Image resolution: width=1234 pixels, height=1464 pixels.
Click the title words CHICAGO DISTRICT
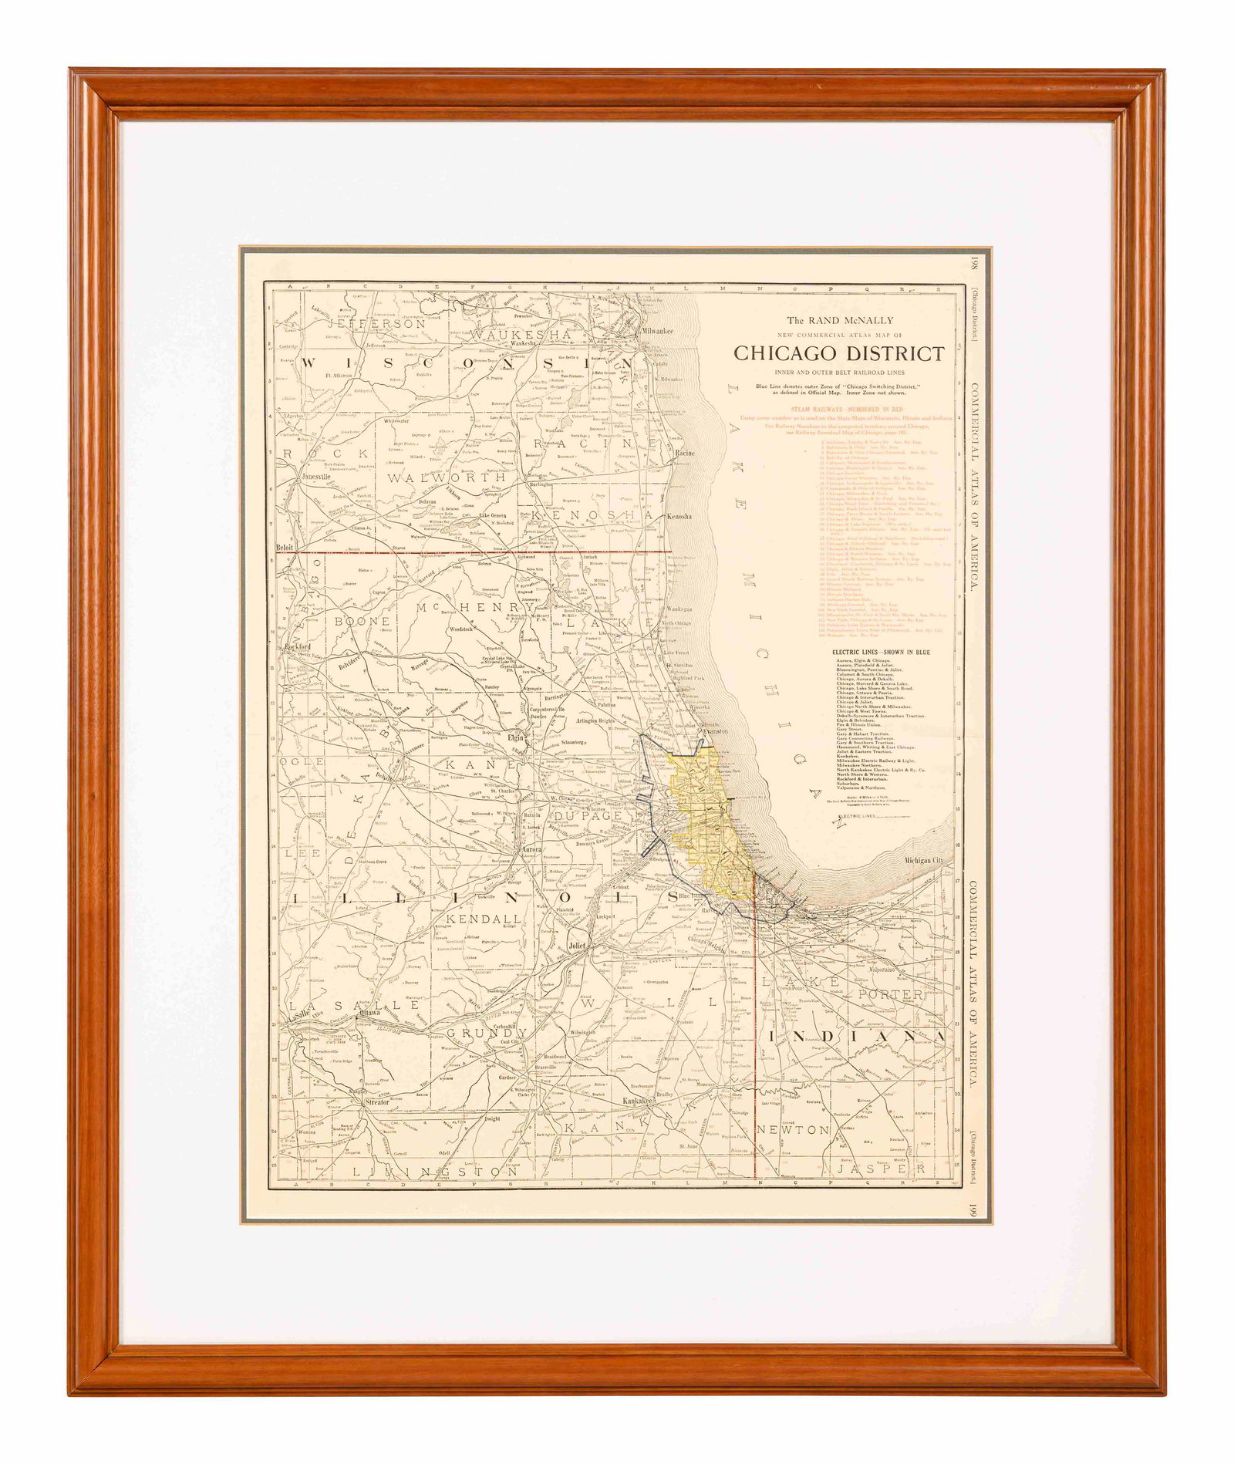(838, 353)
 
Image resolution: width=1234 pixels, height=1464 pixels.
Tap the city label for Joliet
(577, 944)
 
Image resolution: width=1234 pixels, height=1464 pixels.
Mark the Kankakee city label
(639, 1100)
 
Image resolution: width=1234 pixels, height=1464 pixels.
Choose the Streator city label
(378, 1104)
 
